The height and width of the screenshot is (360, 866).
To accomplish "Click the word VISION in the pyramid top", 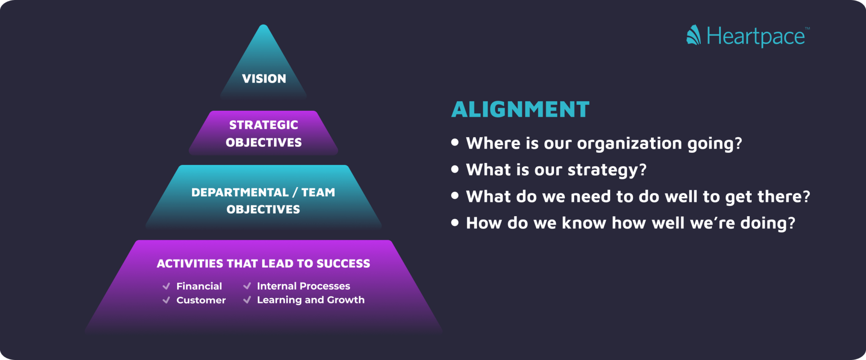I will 264,79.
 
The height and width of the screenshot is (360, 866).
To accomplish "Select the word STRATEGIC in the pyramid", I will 263,125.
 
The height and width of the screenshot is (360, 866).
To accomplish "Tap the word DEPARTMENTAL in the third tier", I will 240,192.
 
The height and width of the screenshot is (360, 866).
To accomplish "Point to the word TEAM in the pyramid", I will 318,192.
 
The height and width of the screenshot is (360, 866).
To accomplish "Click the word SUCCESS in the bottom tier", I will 343,264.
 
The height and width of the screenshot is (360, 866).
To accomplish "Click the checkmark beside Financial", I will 166,286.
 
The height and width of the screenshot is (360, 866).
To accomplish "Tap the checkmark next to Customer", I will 166,300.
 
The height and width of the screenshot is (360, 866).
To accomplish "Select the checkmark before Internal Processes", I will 247,286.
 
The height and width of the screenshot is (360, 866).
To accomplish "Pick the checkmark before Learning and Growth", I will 247,300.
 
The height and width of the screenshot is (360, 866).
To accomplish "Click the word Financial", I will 199,286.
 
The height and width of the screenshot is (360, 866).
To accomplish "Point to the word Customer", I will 201,300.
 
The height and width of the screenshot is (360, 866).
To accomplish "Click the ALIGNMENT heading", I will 520,110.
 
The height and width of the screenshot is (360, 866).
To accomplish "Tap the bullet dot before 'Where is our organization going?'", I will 455,143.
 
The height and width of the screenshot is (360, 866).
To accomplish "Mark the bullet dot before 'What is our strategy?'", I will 455,169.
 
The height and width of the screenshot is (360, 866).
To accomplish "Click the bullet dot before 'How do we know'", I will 455,223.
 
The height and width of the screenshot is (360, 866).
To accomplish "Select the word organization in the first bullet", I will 629,144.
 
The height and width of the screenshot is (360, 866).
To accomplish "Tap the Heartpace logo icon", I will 693,35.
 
